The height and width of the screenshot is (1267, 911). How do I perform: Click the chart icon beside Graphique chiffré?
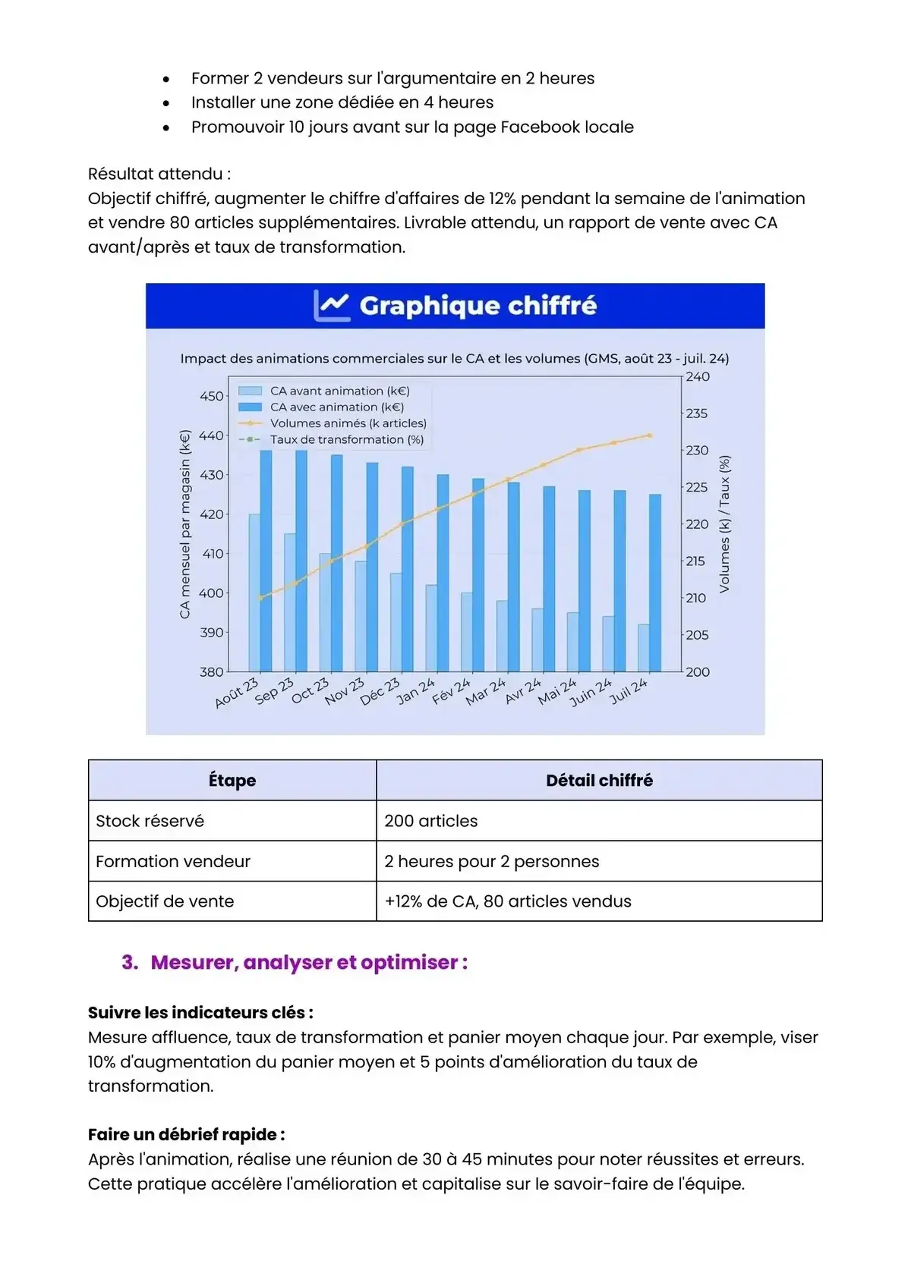point(332,306)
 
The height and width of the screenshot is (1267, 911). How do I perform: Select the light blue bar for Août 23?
point(254,593)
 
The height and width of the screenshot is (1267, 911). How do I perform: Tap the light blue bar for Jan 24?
point(431,628)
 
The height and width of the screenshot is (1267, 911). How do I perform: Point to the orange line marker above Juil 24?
point(650,435)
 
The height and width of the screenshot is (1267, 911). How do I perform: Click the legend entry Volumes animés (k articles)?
point(348,423)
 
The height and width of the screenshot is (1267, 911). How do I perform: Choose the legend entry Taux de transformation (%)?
point(346,439)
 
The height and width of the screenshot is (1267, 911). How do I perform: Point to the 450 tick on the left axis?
point(211,396)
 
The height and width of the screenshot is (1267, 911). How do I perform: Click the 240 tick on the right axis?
point(698,376)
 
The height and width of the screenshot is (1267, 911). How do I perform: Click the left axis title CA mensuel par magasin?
point(184,523)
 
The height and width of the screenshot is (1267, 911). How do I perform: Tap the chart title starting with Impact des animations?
point(454,358)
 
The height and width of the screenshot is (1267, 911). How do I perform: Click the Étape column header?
point(232,781)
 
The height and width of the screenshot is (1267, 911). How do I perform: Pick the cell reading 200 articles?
point(430,821)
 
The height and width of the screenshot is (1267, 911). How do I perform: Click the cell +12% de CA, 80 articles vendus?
point(507,901)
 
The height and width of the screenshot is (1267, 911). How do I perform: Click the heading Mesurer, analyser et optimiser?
point(308,962)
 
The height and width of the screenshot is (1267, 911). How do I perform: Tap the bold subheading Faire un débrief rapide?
point(186,1134)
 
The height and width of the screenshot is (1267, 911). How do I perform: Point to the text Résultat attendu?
point(159,174)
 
